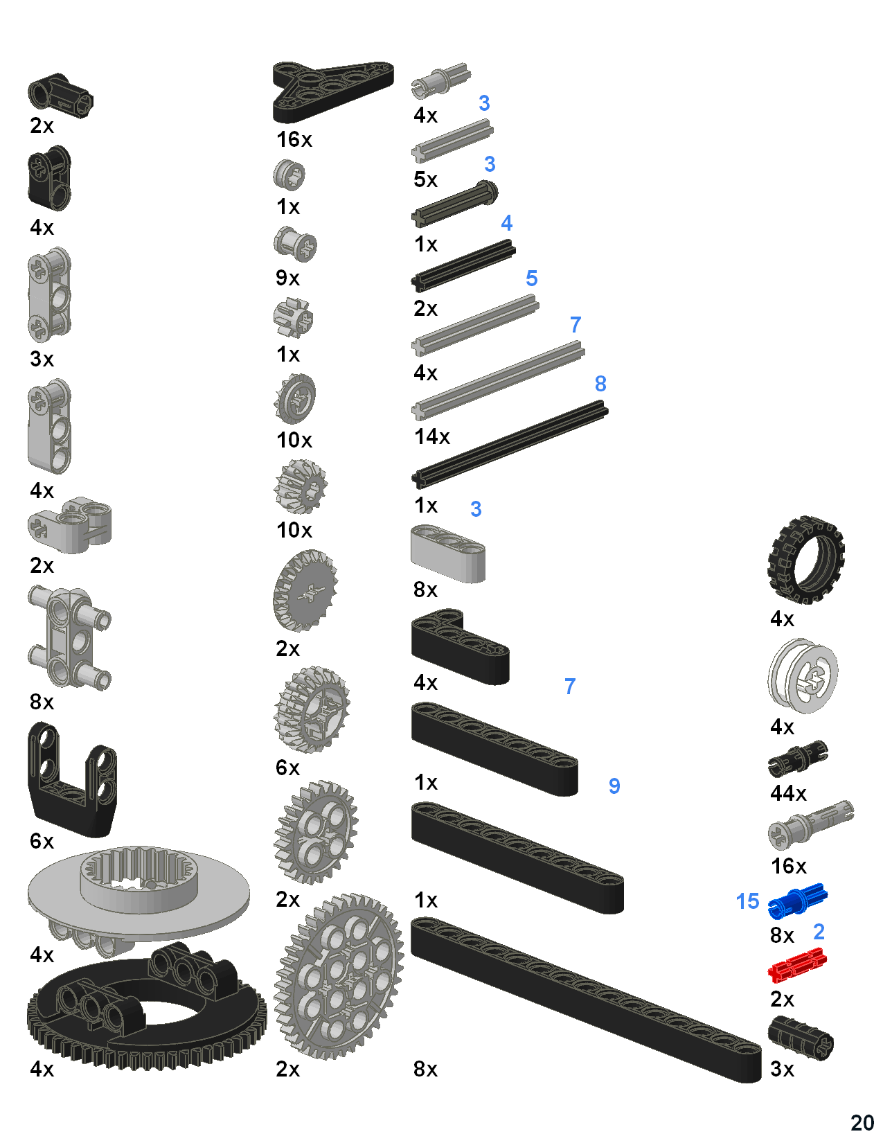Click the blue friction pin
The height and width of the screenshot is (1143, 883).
point(797,899)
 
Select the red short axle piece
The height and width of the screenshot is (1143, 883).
point(797,964)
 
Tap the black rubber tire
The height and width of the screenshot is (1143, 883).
point(805,559)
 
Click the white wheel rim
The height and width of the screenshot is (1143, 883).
point(803,676)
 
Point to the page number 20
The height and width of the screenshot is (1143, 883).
point(862,1122)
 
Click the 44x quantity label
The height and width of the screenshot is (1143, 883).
point(788,793)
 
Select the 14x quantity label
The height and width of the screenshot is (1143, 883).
point(432,437)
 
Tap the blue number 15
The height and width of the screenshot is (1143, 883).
point(747,901)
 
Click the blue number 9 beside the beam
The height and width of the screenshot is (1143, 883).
point(614,786)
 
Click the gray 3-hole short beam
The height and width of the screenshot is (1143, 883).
point(447,553)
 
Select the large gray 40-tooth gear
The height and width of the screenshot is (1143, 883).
point(339,977)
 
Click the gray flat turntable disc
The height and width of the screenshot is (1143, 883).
point(139,894)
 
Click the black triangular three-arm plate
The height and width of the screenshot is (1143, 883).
point(332,88)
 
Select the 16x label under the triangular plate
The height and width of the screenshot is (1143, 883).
point(294,140)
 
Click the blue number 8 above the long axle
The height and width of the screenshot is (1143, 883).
point(600,384)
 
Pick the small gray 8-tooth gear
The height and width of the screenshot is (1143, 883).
point(293,318)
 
